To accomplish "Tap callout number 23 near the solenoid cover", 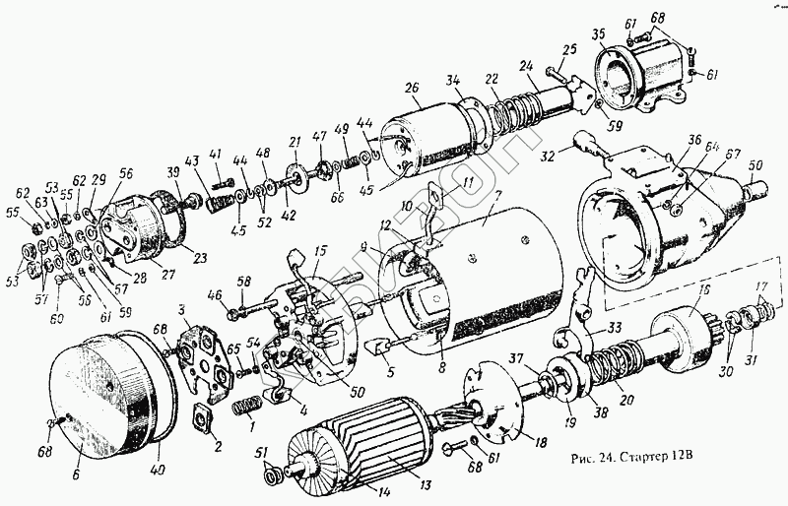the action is coord(200,260).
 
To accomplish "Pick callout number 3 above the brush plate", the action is coord(182,312).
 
